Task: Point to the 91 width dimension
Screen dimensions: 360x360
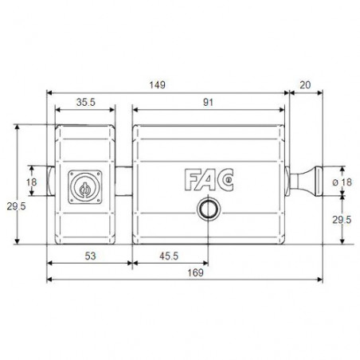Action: coord(209,102)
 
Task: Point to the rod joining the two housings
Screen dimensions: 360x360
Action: coord(125,182)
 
